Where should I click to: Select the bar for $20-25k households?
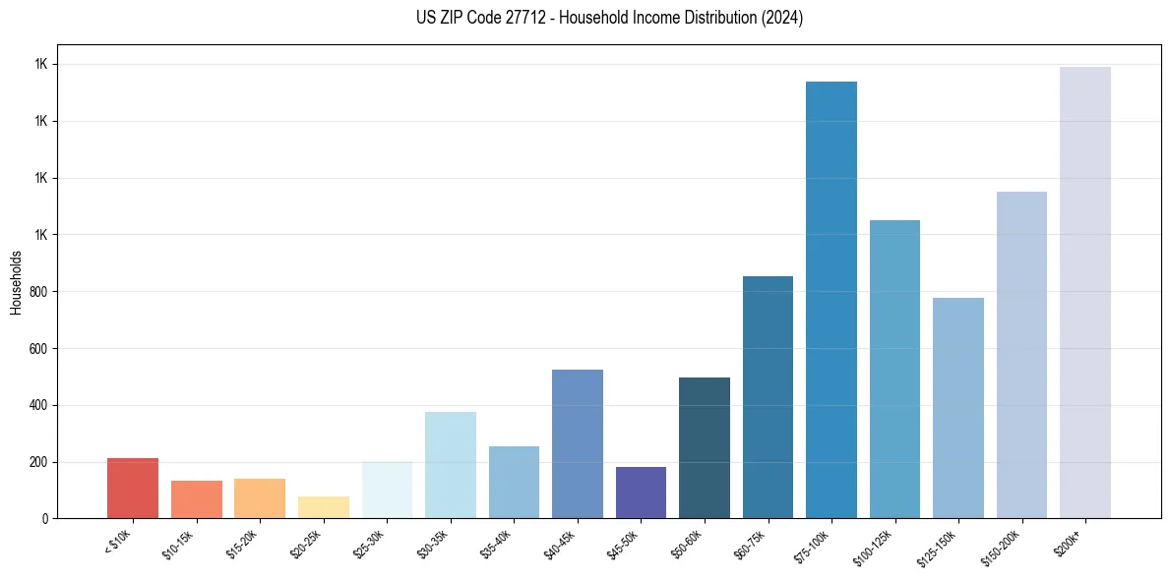click(324, 507)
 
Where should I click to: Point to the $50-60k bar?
click(705, 448)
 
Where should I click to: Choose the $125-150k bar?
click(958, 408)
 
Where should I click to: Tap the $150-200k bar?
click(1021, 355)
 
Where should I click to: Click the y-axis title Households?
click(17, 282)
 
